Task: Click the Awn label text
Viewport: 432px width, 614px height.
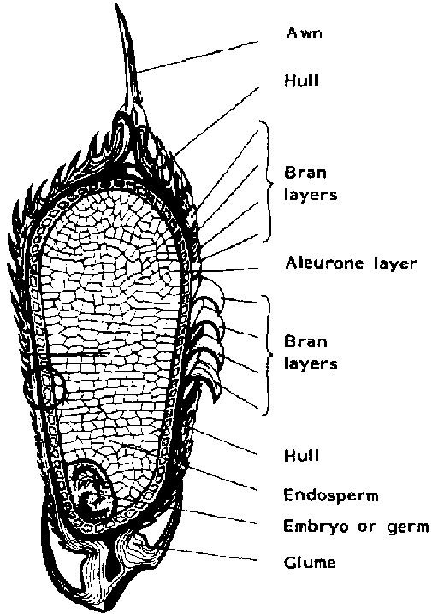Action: pyautogui.click(x=304, y=32)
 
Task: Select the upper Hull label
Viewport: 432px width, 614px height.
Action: pyautogui.click(x=301, y=80)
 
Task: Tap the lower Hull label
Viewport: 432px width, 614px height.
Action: pyautogui.click(x=301, y=456)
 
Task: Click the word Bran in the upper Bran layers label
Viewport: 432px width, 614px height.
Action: pyautogui.click(x=305, y=173)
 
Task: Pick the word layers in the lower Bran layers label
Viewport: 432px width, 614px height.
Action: pyautogui.click(x=311, y=363)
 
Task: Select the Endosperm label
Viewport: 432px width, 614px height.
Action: pyautogui.click(x=331, y=495)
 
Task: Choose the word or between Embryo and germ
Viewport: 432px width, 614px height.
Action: pyautogui.click(x=367, y=527)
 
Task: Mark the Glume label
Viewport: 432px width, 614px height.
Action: pyautogui.click(x=310, y=563)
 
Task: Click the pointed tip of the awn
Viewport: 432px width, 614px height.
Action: pyautogui.click(x=116, y=4)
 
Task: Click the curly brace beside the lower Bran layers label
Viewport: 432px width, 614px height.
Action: pyautogui.click(x=268, y=354)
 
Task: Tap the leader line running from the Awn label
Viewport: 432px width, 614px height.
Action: pyautogui.click(x=198, y=56)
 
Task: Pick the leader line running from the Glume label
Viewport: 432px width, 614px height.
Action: pyautogui.click(x=214, y=555)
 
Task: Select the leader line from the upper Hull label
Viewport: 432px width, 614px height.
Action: pyautogui.click(x=216, y=121)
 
